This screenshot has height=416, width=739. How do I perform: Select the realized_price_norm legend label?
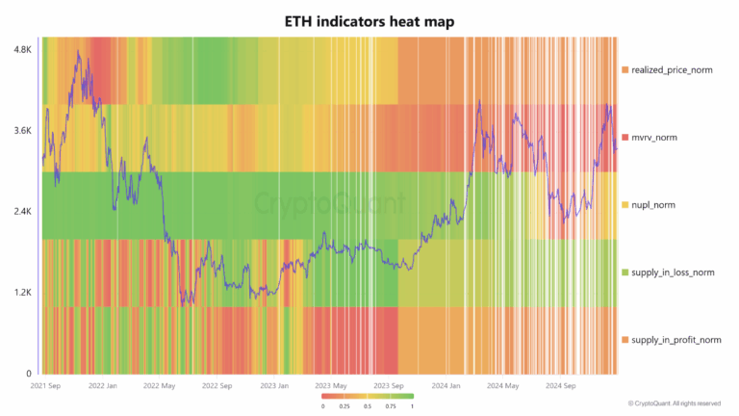pyautogui.click(x=672, y=70)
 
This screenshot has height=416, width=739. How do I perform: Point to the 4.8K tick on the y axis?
pyautogui.click(x=21, y=48)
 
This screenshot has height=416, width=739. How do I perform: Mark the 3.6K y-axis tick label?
pyautogui.click(x=21, y=130)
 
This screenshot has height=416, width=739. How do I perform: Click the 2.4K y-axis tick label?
pyautogui.click(x=21, y=211)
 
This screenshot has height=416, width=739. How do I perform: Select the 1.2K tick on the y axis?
pyautogui.click(x=21, y=292)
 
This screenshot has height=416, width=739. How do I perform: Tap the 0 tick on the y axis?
pyautogui.click(x=28, y=374)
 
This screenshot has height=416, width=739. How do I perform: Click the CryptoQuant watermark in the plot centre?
pyautogui.click(x=330, y=203)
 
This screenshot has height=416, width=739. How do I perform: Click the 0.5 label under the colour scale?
pyautogui.click(x=369, y=405)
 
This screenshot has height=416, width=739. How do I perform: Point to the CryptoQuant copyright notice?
pyautogui.click(x=674, y=403)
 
